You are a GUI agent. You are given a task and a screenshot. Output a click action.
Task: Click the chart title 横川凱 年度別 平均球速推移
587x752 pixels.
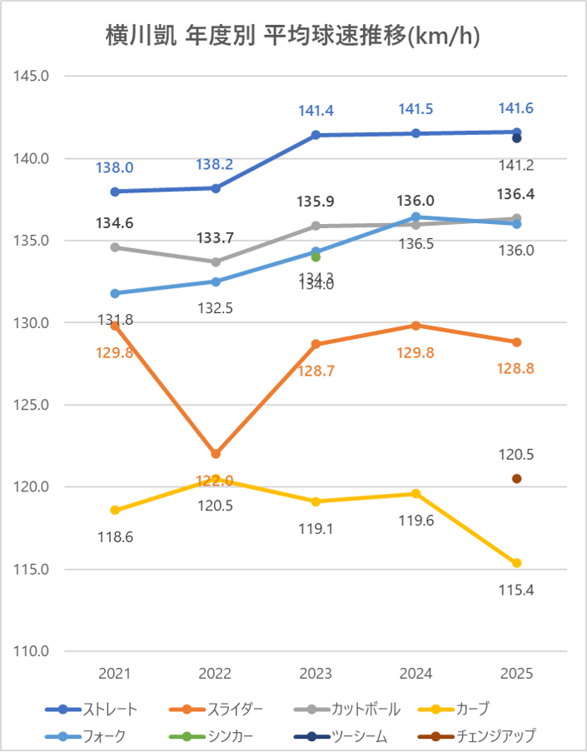click(x=293, y=36)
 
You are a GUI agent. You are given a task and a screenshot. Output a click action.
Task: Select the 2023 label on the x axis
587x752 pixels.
click(x=316, y=674)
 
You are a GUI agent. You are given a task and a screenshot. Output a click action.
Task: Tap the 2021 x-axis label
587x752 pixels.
click(x=115, y=674)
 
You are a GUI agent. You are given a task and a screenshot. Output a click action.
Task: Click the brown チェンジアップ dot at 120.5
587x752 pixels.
click(x=516, y=479)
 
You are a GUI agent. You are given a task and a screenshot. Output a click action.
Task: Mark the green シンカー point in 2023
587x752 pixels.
click(x=316, y=257)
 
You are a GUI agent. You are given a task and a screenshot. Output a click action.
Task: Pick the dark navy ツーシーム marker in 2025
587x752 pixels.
click(x=516, y=138)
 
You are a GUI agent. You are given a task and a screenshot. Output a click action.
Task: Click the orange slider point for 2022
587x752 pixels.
click(x=216, y=454)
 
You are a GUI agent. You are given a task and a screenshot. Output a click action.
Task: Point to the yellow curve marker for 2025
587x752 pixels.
click(x=516, y=563)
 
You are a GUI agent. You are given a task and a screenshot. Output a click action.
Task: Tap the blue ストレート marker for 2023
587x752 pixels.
click(x=316, y=135)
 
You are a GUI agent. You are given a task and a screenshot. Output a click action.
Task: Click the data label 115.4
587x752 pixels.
click(x=516, y=590)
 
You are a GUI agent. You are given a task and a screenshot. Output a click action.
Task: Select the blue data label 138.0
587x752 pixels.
click(x=115, y=167)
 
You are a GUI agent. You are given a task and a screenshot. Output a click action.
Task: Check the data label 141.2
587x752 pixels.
click(x=516, y=166)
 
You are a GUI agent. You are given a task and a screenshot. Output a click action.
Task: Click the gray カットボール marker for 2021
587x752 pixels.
click(x=115, y=247)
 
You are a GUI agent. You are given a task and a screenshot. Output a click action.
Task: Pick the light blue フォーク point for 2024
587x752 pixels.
click(x=416, y=217)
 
